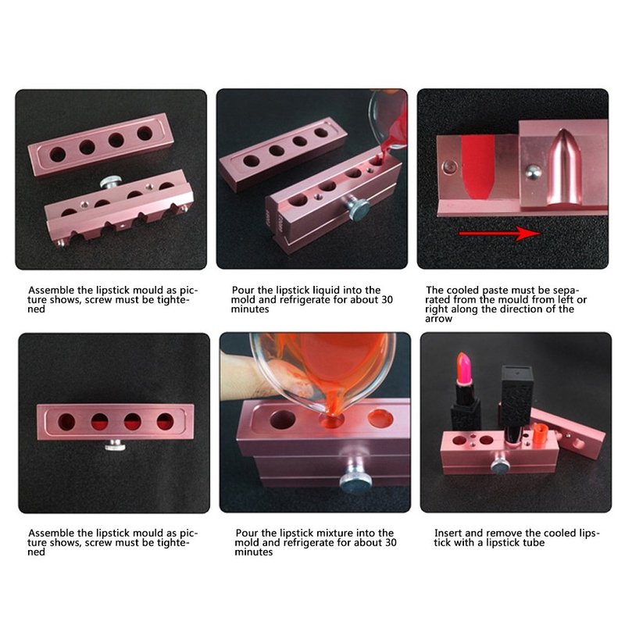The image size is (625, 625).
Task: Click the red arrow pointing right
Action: (x=499, y=233)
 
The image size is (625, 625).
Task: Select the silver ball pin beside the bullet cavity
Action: (x=533, y=172)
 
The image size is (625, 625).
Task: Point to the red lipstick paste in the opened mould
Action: (x=478, y=166)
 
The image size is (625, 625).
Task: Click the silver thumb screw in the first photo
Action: (x=111, y=182)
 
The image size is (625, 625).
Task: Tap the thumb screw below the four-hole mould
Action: (x=115, y=445)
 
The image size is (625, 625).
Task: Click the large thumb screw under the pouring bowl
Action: (x=355, y=476)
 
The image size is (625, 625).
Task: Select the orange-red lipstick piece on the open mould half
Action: (x=539, y=432)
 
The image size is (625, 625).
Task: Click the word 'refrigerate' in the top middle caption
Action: (x=305, y=300)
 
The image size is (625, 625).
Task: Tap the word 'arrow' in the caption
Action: (x=438, y=319)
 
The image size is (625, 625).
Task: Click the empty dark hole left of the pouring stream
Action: (x=282, y=420)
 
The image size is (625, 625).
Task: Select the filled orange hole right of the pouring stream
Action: (x=380, y=418)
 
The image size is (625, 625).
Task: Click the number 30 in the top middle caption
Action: (x=387, y=300)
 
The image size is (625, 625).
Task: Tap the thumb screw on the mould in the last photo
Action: (x=501, y=465)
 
